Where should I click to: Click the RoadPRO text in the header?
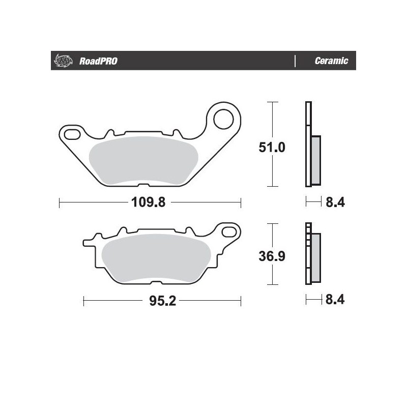tap(98, 61)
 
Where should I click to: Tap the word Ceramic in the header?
tap(331, 61)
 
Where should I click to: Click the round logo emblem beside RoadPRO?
tap(61, 61)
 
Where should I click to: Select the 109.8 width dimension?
tap(149, 202)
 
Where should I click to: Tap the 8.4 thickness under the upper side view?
tap(335, 202)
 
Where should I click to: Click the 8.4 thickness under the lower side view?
tap(335, 300)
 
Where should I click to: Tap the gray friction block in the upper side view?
tap(315, 160)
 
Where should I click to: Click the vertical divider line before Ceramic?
tap(295, 61)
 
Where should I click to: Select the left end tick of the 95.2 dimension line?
tap(83, 302)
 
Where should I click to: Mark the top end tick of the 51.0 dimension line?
tap(274, 102)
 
